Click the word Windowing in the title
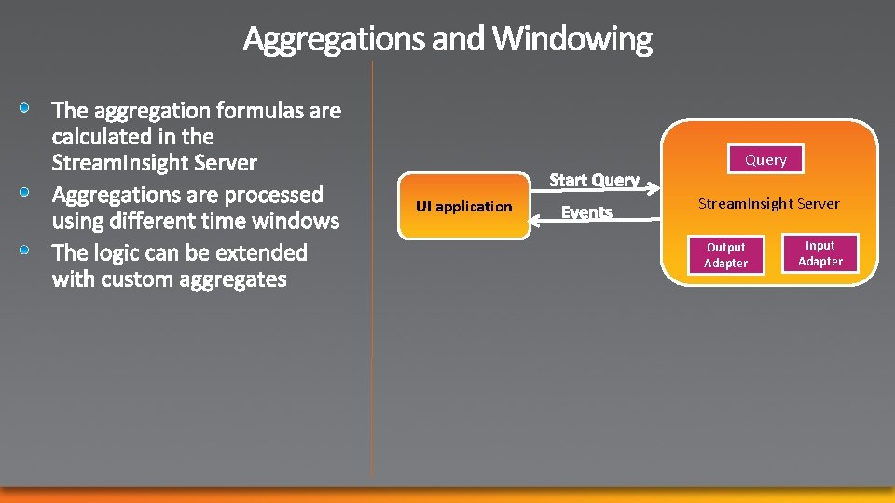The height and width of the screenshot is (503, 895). (x=572, y=39)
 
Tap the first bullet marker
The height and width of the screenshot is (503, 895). (x=29, y=109)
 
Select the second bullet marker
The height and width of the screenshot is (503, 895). (x=29, y=193)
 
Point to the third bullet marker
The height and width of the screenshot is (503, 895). (x=29, y=251)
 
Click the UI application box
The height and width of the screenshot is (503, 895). (x=463, y=206)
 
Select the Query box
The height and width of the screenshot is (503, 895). (x=765, y=160)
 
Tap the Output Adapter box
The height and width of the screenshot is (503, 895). (x=725, y=255)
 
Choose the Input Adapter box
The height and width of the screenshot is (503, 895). (x=820, y=253)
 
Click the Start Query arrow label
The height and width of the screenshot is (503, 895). (x=594, y=180)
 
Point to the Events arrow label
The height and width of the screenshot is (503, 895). (x=586, y=212)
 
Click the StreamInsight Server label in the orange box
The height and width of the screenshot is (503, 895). (x=769, y=203)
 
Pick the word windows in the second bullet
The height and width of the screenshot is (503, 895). (x=301, y=221)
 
